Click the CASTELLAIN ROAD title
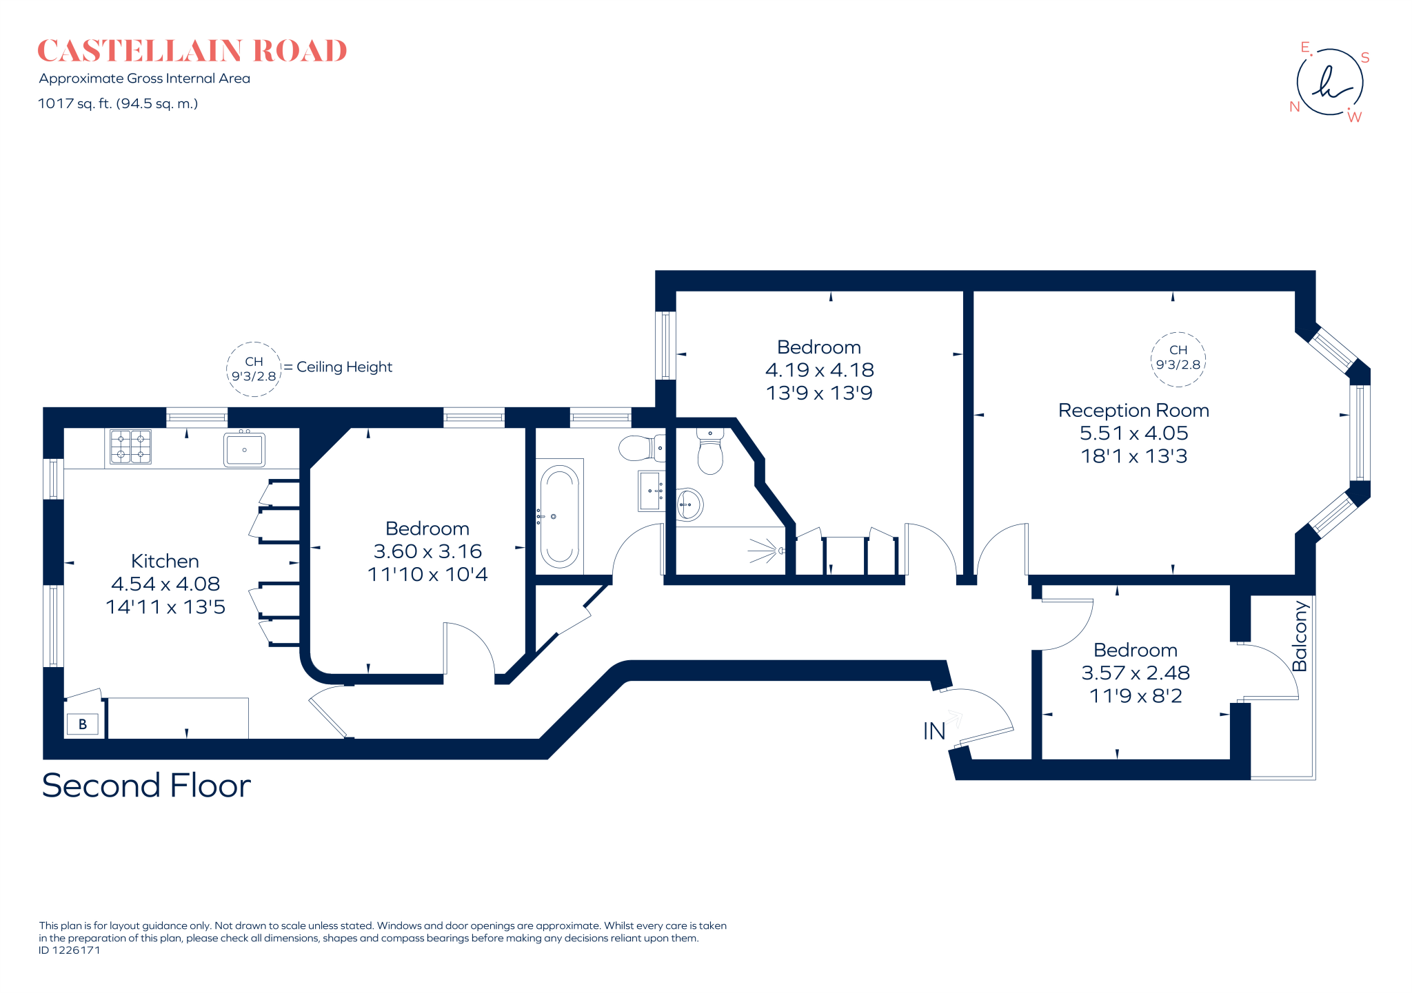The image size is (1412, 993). [192, 51]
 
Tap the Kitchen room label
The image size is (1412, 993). [165, 561]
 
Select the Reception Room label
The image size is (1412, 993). [1133, 410]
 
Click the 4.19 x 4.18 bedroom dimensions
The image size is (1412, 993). [819, 370]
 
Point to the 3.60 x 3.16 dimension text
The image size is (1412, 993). [427, 551]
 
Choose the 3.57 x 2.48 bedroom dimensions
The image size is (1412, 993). [1136, 673]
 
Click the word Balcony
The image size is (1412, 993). [1300, 636]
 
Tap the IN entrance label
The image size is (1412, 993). [934, 731]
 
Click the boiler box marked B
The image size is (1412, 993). [83, 724]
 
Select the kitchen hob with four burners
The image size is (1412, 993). [130, 447]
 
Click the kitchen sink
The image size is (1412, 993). [244, 449]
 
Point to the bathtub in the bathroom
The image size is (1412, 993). [559, 516]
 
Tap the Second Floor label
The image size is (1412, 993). [146, 786]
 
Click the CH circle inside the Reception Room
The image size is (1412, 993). [1178, 359]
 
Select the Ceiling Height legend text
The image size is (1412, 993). [344, 367]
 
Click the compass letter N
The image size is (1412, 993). [1294, 107]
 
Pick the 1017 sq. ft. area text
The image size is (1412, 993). [118, 104]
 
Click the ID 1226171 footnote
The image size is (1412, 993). [70, 950]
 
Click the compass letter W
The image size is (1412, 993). [1354, 117]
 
